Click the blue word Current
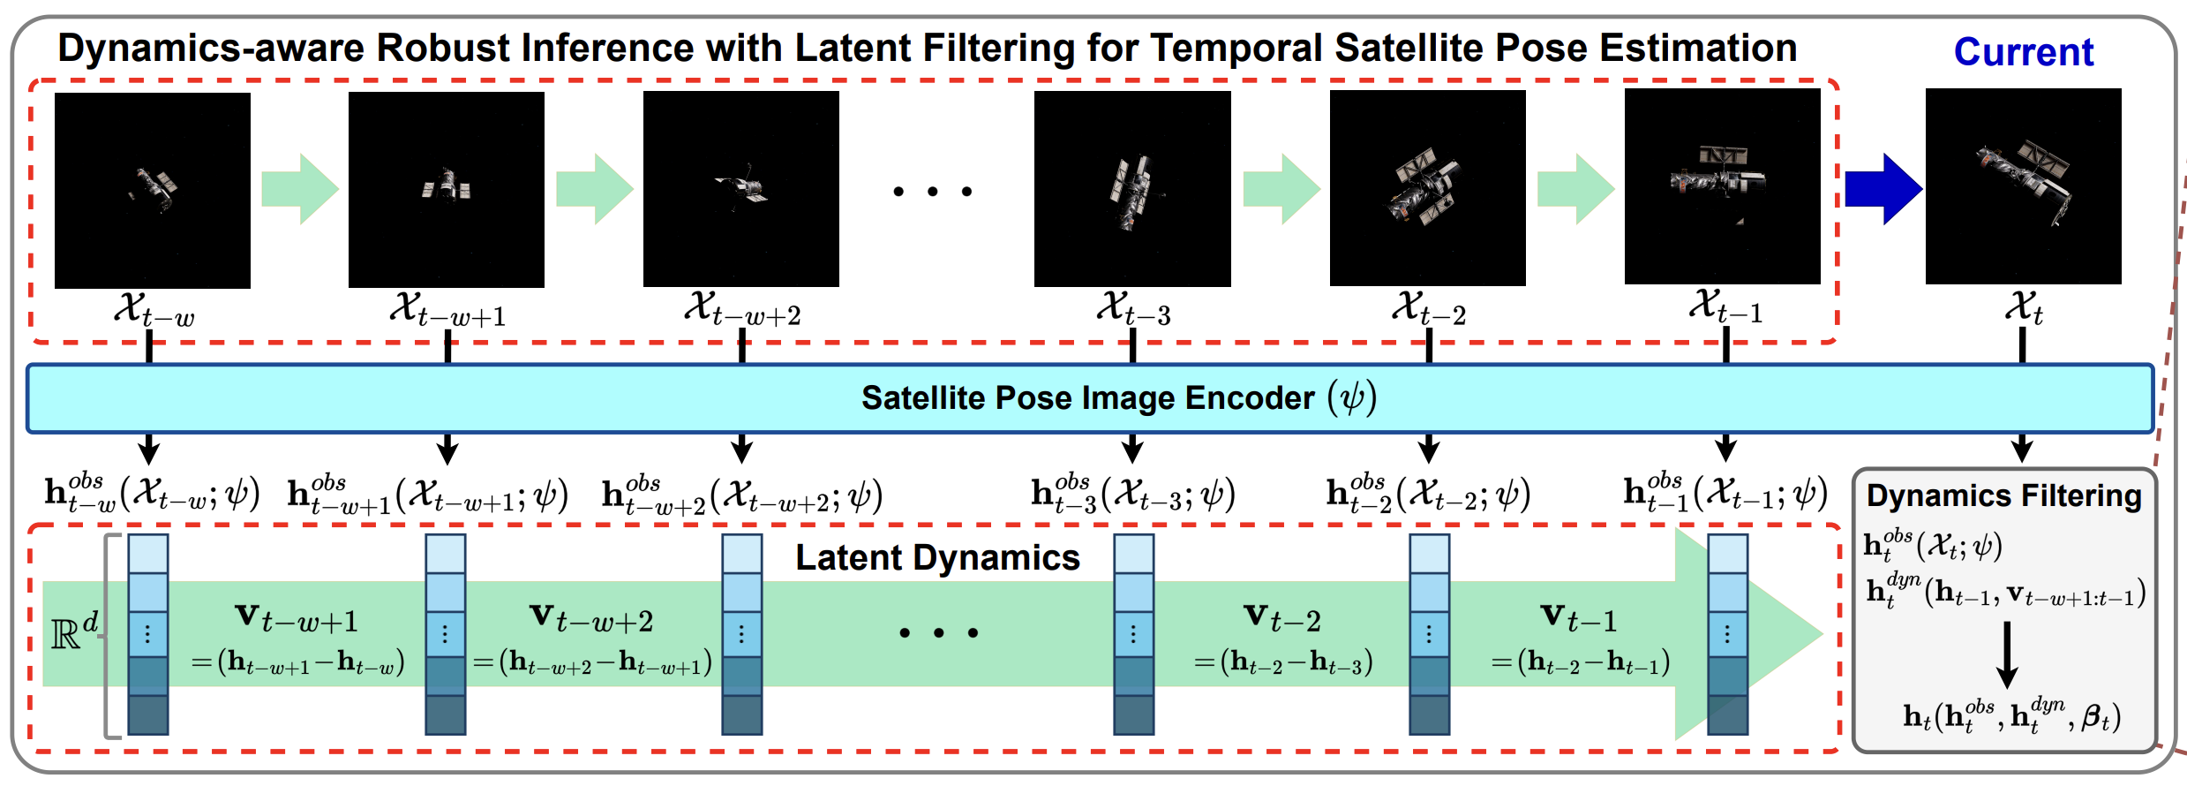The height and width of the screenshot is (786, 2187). (2023, 52)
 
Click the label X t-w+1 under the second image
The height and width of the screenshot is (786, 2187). (447, 310)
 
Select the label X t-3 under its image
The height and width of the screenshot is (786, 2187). (1133, 309)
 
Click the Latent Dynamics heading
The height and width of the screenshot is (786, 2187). (937, 558)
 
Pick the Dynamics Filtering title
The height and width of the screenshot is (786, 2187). (2003, 496)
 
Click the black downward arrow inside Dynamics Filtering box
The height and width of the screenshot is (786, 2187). (2007, 654)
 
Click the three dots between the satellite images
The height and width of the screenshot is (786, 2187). (932, 192)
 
